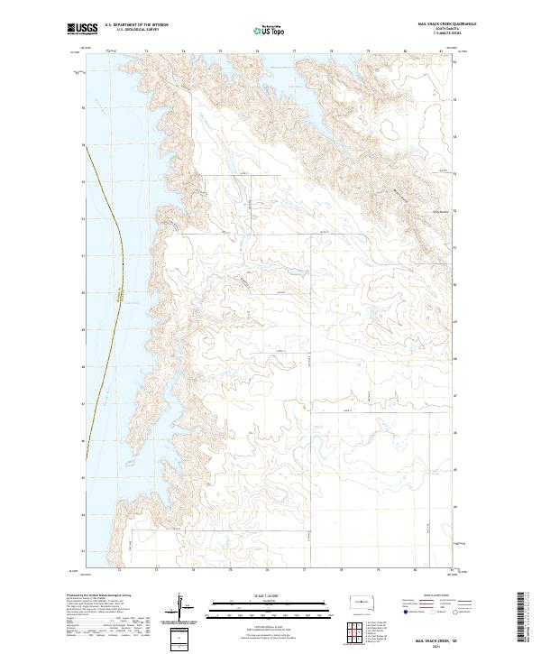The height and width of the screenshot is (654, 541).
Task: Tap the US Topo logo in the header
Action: pos(271,31)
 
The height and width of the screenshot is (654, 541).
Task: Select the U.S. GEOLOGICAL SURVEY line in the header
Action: pos(136,32)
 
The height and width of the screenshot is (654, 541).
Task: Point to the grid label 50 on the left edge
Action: pos(84,329)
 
